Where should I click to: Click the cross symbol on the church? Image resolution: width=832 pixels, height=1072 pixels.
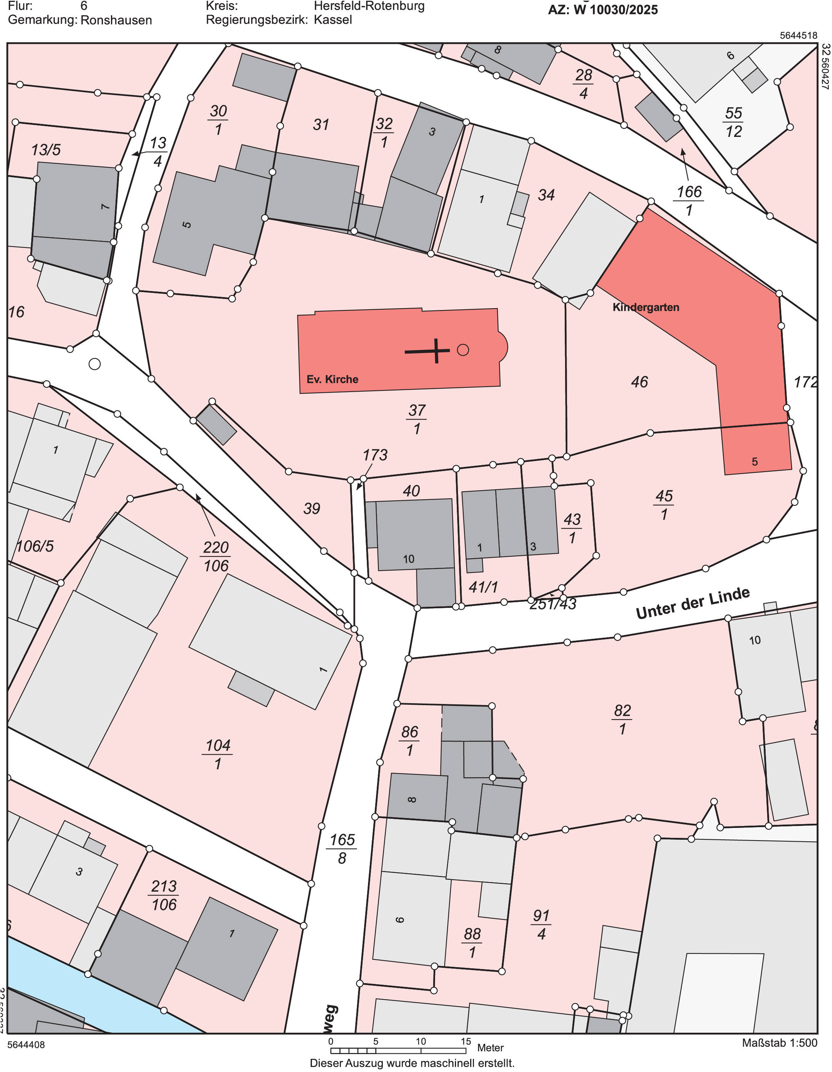pyautogui.click(x=435, y=351)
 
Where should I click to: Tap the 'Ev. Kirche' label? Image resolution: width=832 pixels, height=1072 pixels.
pyautogui.click(x=332, y=379)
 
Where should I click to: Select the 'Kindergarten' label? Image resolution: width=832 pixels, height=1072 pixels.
pyautogui.click(x=646, y=307)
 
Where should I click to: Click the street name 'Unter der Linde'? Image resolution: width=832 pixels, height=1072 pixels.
pyautogui.click(x=692, y=604)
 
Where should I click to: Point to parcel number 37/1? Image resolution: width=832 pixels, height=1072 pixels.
pyautogui.click(x=417, y=419)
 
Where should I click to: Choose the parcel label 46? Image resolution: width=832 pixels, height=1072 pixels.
pyautogui.click(x=639, y=382)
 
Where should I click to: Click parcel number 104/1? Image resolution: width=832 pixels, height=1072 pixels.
pyautogui.click(x=217, y=754)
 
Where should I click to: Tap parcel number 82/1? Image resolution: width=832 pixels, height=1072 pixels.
pyautogui.click(x=622, y=719)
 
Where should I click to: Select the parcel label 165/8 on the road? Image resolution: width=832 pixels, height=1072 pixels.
pyautogui.click(x=342, y=848)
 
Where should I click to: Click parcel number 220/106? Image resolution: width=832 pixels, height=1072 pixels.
pyautogui.click(x=216, y=556)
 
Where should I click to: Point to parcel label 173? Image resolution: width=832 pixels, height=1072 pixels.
pyautogui.click(x=375, y=455)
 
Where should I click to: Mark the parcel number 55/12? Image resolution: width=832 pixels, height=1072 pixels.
pyautogui.click(x=733, y=122)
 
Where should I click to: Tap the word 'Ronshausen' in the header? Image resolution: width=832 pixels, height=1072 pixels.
pyautogui.click(x=116, y=20)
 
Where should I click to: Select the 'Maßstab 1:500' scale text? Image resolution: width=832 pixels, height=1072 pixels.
pyautogui.click(x=779, y=1043)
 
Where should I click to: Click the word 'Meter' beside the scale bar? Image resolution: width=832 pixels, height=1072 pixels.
pyautogui.click(x=490, y=1048)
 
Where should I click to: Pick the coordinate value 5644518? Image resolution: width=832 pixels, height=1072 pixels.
pyautogui.click(x=798, y=35)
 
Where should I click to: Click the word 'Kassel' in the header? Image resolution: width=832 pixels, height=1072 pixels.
pyautogui.click(x=333, y=20)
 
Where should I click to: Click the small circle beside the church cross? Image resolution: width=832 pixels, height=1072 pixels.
pyautogui.click(x=463, y=350)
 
